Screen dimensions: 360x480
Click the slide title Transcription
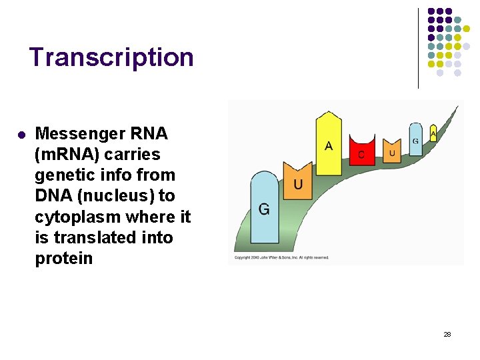coord(111,57)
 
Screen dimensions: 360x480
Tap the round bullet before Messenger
coord(21,135)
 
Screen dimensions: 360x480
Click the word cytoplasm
coord(77,217)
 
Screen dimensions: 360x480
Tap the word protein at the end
coord(63,259)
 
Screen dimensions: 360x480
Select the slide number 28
coord(447,334)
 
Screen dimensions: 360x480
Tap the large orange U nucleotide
coord(298,179)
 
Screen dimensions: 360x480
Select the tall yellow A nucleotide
coord(328,143)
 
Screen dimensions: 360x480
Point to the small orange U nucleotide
coord(392,151)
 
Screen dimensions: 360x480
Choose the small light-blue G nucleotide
coord(415,139)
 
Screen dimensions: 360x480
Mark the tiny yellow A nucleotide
coord(433,133)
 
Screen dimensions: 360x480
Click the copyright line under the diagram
coord(281,257)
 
